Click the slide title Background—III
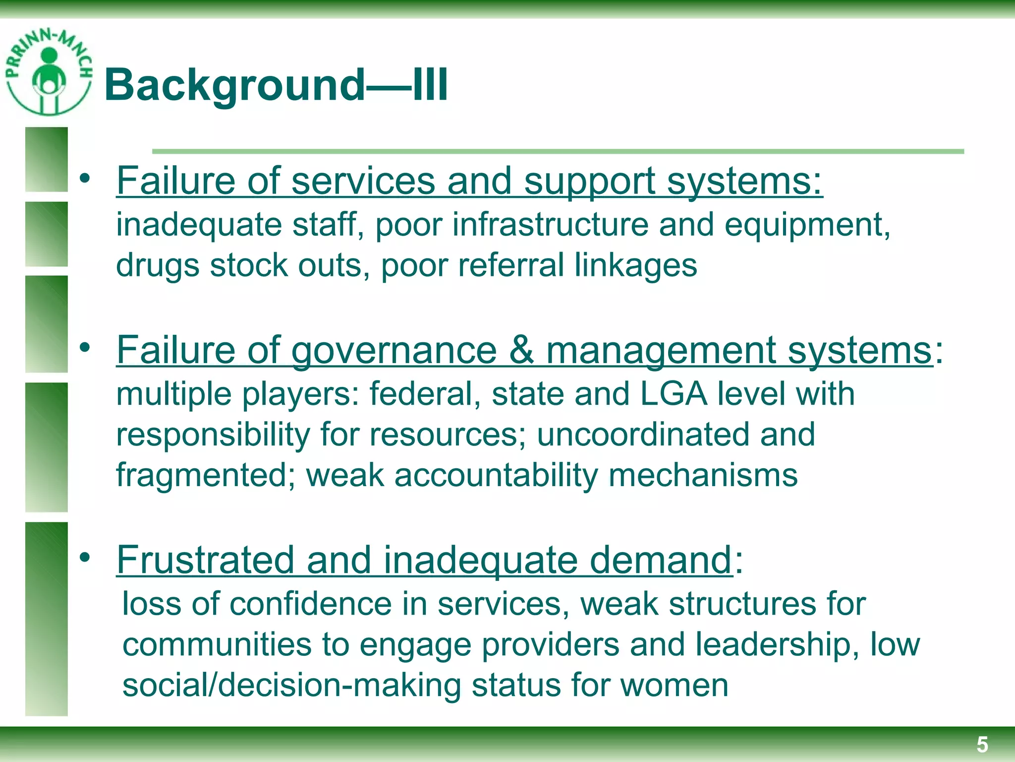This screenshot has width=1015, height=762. (x=276, y=85)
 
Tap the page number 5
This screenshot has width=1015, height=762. (x=982, y=745)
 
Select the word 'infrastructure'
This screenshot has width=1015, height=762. (x=550, y=225)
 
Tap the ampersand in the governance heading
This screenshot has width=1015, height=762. (x=521, y=350)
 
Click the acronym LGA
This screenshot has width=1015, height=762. (x=674, y=394)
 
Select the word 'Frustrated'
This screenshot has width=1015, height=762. (x=205, y=560)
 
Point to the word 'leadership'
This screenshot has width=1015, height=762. (x=773, y=644)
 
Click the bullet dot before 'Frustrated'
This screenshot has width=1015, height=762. (x=85, y=558)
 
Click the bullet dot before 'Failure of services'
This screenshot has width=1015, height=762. (x=85, y=179)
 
